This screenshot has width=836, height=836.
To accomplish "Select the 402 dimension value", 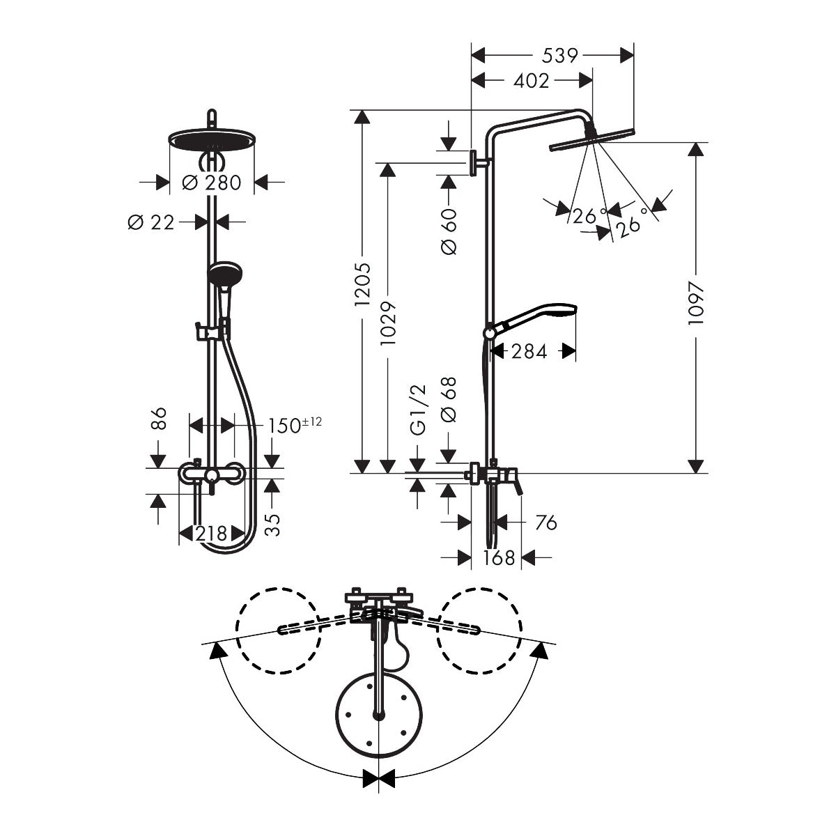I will [532, 81].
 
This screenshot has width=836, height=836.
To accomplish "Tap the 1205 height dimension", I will [362, 286].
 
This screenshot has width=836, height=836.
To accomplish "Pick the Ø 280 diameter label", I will [211, 183].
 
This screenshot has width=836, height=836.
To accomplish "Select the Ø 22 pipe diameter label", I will [151, 222].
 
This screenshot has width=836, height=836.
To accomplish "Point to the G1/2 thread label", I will [417, 410].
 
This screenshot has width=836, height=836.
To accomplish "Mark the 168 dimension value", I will [499, 557].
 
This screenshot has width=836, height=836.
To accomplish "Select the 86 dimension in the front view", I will [159, 419].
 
